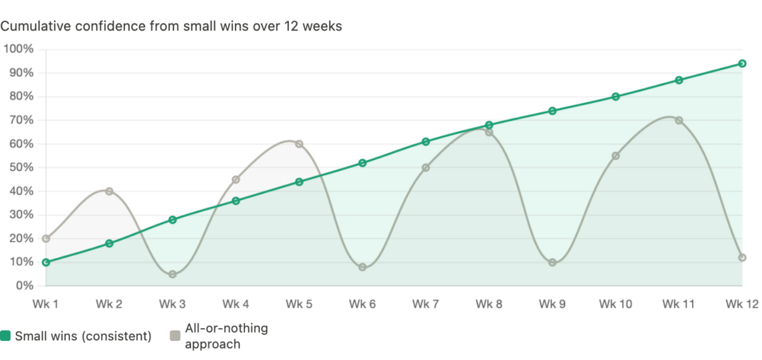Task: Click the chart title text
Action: pyautogui.click(x=171, y=27)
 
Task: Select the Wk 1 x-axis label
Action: pyautogui.click(x=45, y=305)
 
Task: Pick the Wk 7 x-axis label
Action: pyautogui.click(x=425, y=305)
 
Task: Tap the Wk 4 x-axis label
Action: pyautogui.click(x=236, y=305)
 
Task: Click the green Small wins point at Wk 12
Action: pyautogui.click(x=742, y=63)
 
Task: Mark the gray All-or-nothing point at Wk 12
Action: pyautogui.click(x=742, y=257)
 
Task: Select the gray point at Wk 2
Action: pyautogui.click(x=109, y=191)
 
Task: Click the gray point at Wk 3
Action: pyautogui.click(x=172, y=274)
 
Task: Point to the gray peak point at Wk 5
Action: pyautogui.click(x=299, y=144)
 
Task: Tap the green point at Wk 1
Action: pyautogui.click(x=45, y=262)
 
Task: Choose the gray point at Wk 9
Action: pyautogui.click(x=552, y=262)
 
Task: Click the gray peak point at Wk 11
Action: pyautogui.click(x=679, y=121)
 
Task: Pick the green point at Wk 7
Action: pyautogui.click(x=425, y=142)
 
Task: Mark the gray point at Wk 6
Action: pyautogui.click(x=363, y=267)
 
